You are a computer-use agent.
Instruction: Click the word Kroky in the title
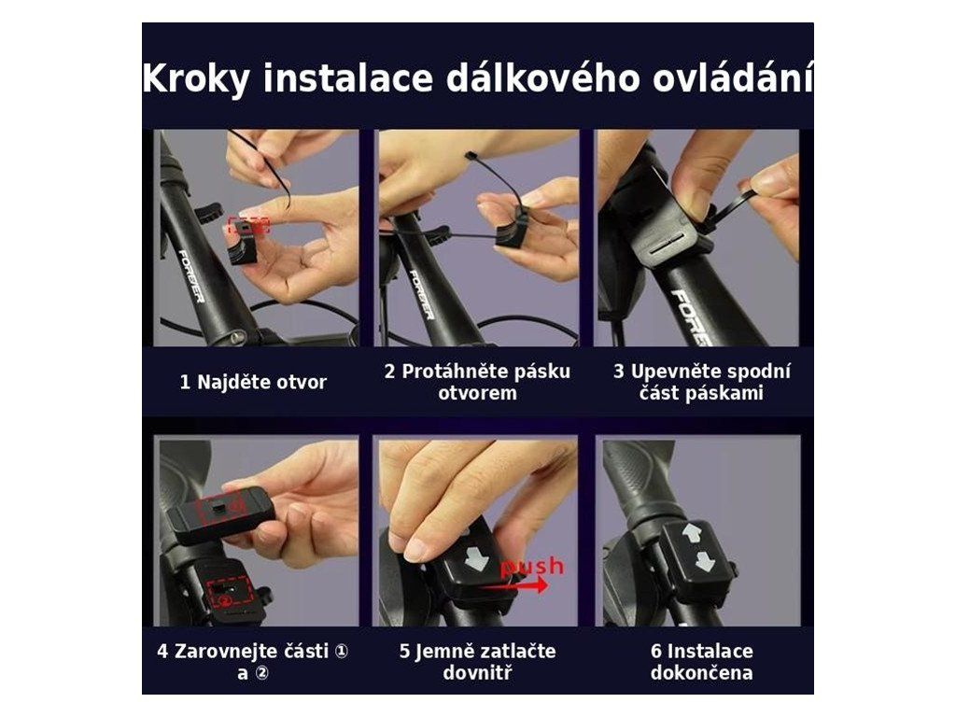point(196,78)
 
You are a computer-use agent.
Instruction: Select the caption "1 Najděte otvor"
point(253,382)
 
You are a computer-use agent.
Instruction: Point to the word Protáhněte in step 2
point(451,372)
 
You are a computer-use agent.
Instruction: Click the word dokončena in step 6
point(701,672)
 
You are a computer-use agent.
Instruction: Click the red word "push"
point(531,567)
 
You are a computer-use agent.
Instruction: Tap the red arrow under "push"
point(514,586)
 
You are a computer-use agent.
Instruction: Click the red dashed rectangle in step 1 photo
point(248,225)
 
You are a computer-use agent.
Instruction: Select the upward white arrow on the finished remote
point(693,534)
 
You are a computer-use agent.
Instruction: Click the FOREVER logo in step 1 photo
point(191,275)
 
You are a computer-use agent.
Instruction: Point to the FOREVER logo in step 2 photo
point(421,294)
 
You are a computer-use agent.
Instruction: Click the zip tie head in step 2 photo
point(471,157)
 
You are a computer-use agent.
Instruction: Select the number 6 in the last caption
point(655,651)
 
